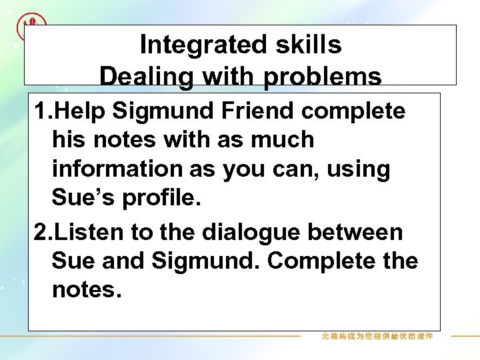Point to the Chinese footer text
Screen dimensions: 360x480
tap(377, 337)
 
